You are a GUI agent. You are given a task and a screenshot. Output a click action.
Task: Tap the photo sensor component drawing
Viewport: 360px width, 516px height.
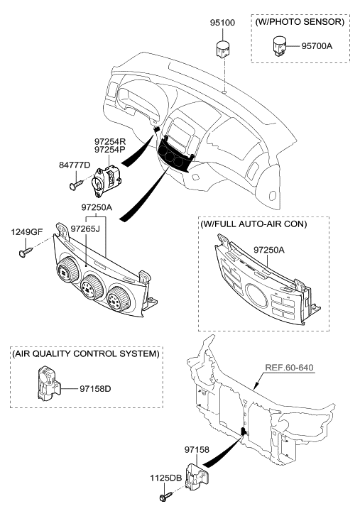pos(276,48)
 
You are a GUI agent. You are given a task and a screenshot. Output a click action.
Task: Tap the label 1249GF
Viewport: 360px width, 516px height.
pos(25,231)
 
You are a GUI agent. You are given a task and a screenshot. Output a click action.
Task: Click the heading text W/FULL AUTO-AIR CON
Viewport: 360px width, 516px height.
pos(254,225)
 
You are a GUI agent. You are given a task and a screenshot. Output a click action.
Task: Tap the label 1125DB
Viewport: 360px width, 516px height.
pos(165,478)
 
